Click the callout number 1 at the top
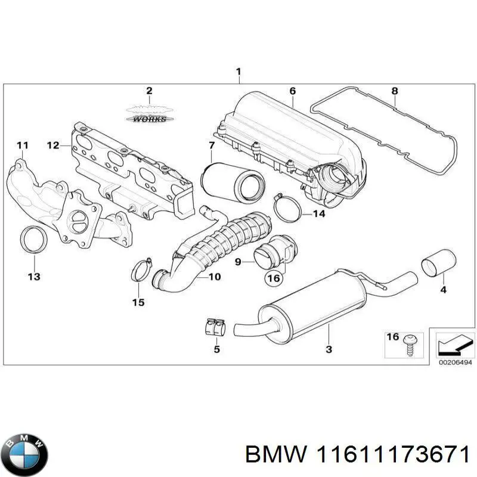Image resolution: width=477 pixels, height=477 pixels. [238, 73]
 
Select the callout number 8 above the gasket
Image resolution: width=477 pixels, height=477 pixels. [394, 91]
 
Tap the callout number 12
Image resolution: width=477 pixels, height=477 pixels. [53, 145]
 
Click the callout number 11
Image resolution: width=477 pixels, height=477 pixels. [22, 145]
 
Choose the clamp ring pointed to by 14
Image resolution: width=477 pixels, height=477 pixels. [287, 208]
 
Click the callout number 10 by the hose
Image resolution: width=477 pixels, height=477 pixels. [214, 277]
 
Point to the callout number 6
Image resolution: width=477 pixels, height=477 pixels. [292, 91]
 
